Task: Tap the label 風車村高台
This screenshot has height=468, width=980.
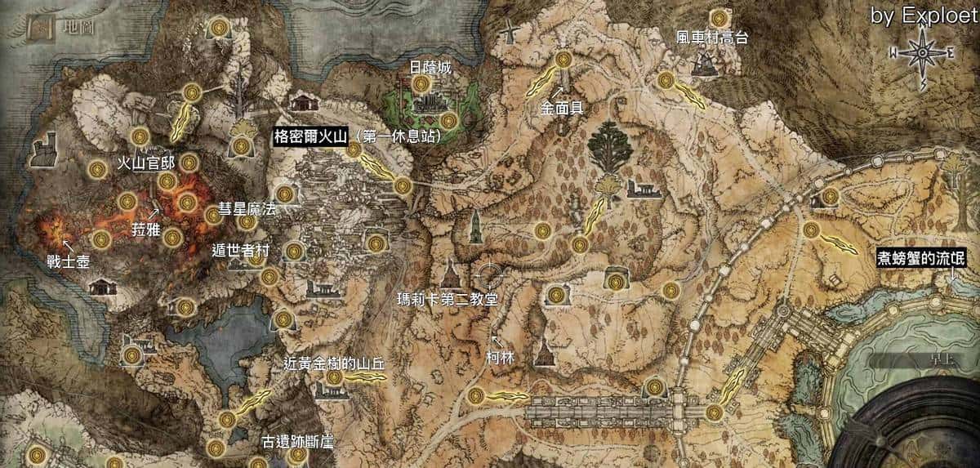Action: (712, 38)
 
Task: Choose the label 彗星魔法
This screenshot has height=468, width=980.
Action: (247, 209)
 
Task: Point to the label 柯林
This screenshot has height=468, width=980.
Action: (499, 357)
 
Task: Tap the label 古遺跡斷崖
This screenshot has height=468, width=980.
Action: (296, 443)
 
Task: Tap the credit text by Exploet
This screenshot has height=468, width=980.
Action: (923, 16)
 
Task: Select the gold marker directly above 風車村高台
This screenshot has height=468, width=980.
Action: (719, 17)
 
